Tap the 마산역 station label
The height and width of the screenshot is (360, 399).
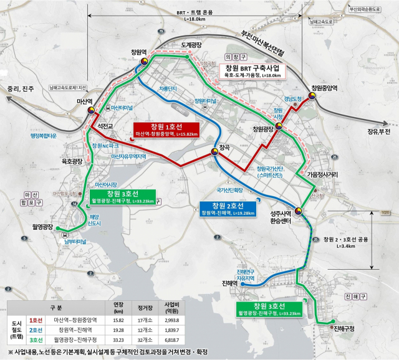(x=84, y=100)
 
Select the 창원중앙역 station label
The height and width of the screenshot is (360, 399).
(x=324, y=88)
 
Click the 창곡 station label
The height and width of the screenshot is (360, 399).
(x=224, y=148)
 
